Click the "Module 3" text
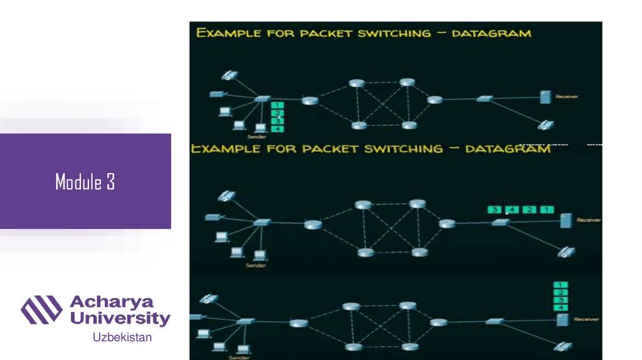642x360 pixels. [85, 183]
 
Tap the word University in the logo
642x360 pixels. [120, 318]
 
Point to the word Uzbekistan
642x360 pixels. [122, 338]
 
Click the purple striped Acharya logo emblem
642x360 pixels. [41, 310]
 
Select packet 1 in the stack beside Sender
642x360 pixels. [278, 104]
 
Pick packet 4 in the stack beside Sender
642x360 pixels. [278, 129]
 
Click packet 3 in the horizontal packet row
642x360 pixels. [495, 209]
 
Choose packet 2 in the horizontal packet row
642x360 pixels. [529, 209]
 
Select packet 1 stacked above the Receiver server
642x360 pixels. [560, 285]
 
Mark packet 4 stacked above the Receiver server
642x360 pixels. [560, 307]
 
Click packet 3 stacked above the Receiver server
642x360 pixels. [560, 300]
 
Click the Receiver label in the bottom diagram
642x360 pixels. [588, 319]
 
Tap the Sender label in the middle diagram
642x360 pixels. [256, 265]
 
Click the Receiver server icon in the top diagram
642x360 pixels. [545, 97]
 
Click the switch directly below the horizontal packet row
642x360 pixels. [500, 222]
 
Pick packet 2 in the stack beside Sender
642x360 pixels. [278, 113]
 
